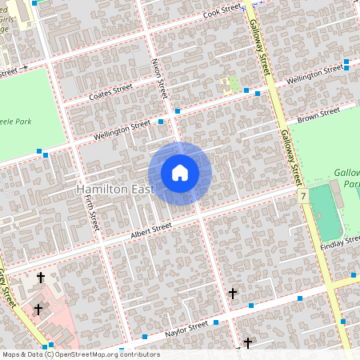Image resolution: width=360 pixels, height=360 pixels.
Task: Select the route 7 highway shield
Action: (303, 196)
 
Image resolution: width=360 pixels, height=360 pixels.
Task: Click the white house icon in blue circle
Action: (180, 173)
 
